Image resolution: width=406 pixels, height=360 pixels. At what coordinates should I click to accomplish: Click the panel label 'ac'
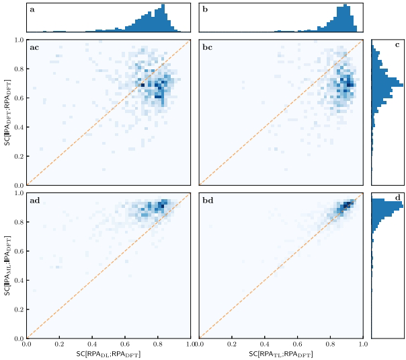coord(34,47)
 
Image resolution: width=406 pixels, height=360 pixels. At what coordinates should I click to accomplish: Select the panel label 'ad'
coord(34,201)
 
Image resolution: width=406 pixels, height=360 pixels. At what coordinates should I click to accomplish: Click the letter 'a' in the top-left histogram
coord(32,10)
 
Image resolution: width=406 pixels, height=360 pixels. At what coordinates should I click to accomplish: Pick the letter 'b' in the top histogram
coord(205,10)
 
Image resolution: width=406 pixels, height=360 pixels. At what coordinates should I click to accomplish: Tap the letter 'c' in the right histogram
coord(398,45)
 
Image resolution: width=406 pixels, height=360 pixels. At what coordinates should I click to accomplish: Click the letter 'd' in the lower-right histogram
coord(398,198)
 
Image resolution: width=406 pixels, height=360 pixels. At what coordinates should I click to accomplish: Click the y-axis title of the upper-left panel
coord(7,112)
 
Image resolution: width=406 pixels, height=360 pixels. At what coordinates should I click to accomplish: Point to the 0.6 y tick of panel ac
coord(18,98)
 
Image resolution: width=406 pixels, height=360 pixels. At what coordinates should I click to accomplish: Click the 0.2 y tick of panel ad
coord(18,310)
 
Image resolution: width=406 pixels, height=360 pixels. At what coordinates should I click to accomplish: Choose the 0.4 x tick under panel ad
coord(92,345)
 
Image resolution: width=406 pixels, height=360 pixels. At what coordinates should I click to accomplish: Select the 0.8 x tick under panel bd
coord(331,345)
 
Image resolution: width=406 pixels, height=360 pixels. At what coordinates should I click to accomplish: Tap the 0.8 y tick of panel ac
coord(18,69)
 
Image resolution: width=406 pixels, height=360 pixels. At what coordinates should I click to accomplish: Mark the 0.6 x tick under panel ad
coord(125,345)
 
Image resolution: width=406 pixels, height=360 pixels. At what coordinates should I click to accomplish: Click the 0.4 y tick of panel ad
coord(18,280)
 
